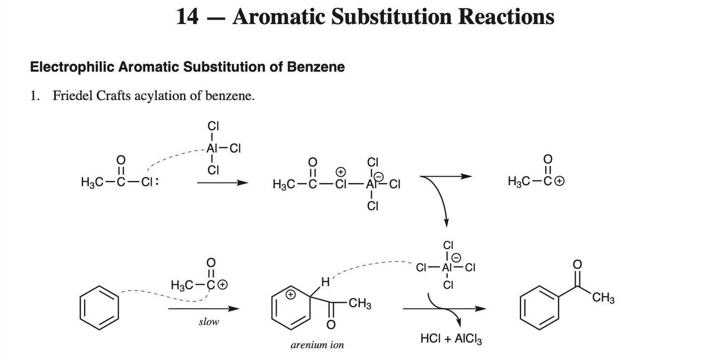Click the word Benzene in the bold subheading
[316, 67]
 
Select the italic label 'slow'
[209, 322]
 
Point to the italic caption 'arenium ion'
[317, 345]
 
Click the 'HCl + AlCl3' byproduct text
[451, 339]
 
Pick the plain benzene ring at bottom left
[99, 308]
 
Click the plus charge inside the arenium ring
[291, 294]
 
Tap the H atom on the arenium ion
[325, 282]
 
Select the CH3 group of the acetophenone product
[603, 298]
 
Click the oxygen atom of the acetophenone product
[577, 264]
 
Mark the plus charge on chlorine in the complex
[341, 172]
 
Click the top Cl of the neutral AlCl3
[213, 125]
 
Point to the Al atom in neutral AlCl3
[212, 148]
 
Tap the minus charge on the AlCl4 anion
[457, 258]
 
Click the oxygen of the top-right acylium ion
[547, 159]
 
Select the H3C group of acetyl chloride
[92, 182]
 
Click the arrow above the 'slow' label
[204, 309]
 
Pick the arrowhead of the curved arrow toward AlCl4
[446, 223]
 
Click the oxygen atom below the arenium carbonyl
[331, 325]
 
